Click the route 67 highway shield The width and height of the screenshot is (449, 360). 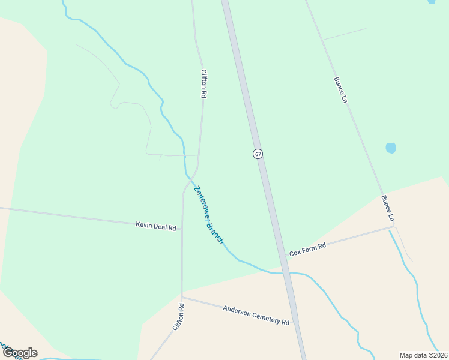[258, 154]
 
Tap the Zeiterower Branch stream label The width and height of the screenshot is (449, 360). [209, 215]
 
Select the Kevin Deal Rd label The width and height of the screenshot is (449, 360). [155, 226]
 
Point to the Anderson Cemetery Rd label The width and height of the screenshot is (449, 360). [256, 315]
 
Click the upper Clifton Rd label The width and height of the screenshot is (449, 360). [204, 83]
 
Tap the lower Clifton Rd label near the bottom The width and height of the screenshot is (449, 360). [178, 317]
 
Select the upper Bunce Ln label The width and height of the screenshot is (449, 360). [340, 89]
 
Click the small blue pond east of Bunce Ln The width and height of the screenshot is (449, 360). [391, 148]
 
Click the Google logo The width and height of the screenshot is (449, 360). [19, 352]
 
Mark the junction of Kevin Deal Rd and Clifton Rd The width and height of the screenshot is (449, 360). [182, 229]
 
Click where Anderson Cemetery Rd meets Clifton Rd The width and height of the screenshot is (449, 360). [182, 296]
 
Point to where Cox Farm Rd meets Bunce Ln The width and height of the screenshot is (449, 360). [394, 226]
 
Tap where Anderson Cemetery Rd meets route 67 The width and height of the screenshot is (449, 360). [294, 325]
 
